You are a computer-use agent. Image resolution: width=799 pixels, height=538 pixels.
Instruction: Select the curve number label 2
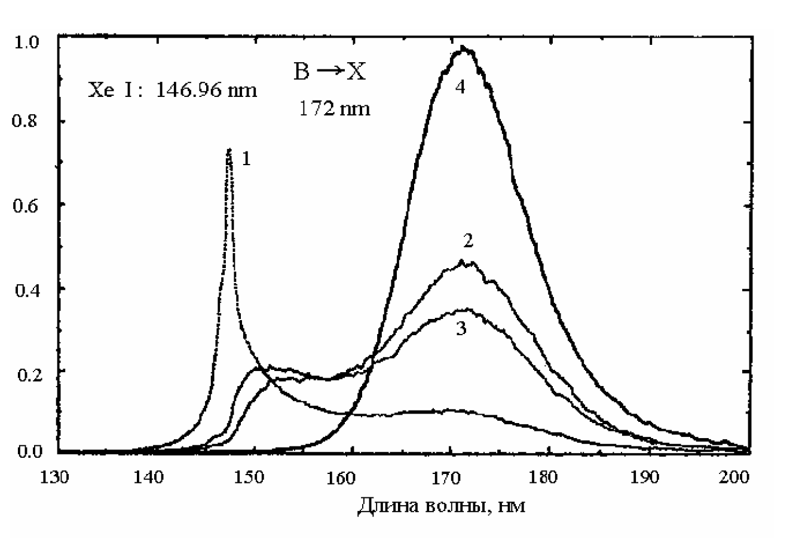pos(468,241)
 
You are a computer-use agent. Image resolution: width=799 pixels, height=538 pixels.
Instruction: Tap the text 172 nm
pos(334,110)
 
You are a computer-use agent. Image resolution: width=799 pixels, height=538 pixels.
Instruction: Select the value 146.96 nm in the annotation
pos(207,91)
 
